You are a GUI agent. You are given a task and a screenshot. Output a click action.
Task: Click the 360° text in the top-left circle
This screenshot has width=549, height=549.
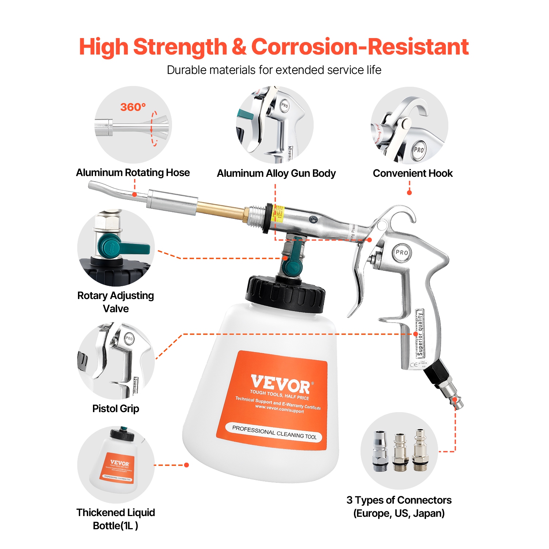(x=133, y=107)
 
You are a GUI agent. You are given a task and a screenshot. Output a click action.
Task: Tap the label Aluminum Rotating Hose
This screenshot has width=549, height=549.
(x=133, y=172)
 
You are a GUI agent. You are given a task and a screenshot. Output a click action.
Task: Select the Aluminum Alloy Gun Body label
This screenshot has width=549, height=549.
(x=276, y=173)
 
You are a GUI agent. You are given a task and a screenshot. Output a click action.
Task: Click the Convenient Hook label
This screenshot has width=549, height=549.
(x=412, y=173)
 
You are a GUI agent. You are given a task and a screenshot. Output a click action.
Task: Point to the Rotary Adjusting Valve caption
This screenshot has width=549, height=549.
(x=116, y=302)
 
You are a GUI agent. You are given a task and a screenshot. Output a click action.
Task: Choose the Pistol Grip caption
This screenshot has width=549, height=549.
(x=116, y=408)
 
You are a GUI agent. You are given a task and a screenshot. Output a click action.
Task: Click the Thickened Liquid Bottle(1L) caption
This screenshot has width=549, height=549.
(x=116, y=519)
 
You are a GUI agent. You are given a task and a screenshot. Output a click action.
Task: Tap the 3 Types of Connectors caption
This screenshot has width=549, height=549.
(x=399, y=506)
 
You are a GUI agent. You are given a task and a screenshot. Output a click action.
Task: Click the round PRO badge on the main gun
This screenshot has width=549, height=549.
(x=402, y=253)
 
